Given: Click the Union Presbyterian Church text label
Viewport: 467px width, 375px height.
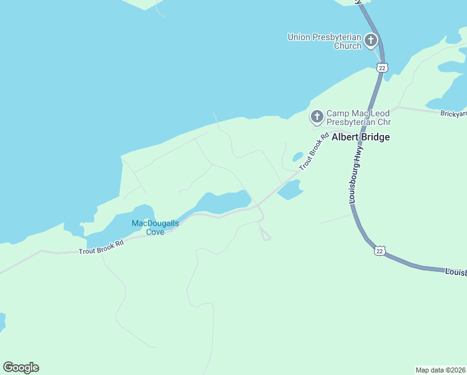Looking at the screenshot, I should click(x=324, y=41).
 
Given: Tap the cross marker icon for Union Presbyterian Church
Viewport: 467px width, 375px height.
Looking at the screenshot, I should click(x=371, y=41).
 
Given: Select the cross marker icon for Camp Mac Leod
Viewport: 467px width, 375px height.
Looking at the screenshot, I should click(x=317, y=116).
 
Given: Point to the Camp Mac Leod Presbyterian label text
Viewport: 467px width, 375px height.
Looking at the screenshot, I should click(x=358, y=117).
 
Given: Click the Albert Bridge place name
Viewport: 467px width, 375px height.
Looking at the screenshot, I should click(x=360, y=137).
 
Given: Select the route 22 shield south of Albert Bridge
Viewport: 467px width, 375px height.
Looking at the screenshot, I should click(x=379, y=251).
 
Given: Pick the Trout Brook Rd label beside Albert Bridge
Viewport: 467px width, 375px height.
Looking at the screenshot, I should click(x=314, y=152).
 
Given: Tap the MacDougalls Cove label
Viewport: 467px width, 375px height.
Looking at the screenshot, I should click(x=155, y=227).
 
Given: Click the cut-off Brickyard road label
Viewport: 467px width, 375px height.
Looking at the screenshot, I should click(x=453, y=114).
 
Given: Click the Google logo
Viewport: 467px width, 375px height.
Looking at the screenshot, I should click(x=21, y=367).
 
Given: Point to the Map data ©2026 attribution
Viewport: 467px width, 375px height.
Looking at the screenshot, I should click(x=440, y=369).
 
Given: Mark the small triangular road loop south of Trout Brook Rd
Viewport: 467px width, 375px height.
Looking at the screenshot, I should click(x=265, y=234).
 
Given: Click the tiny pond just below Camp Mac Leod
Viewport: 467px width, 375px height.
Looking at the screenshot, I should click(x=298, y=156).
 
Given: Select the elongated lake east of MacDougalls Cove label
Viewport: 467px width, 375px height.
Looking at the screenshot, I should click(x=225, y=201).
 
